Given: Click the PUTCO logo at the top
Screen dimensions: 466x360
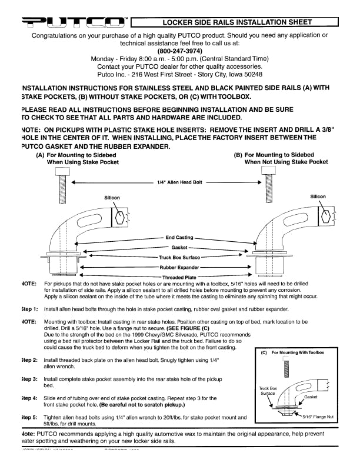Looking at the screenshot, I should pyautogui.click(x=74, y=22).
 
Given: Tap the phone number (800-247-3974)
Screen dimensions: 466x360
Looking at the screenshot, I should pyautogui.click(x=180, y=51).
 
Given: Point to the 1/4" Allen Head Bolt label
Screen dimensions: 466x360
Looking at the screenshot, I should pyautogui.click(x=180, y=183).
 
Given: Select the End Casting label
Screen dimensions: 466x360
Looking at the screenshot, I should pyautogui.click(x=180, y=238).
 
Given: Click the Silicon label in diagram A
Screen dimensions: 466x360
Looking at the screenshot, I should pyautogui.click(x=112, y=198).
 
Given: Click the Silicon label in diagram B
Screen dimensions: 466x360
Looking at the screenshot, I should pyautogui.click(x=318, y=197).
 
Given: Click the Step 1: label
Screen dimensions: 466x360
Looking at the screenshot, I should pyautogui.click(x=29, y=309).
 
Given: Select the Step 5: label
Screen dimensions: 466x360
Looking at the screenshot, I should pyautogui.click(x=29, y=417).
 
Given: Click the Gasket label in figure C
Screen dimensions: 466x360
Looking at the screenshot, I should pyautogui.click(x=327, y=397).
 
